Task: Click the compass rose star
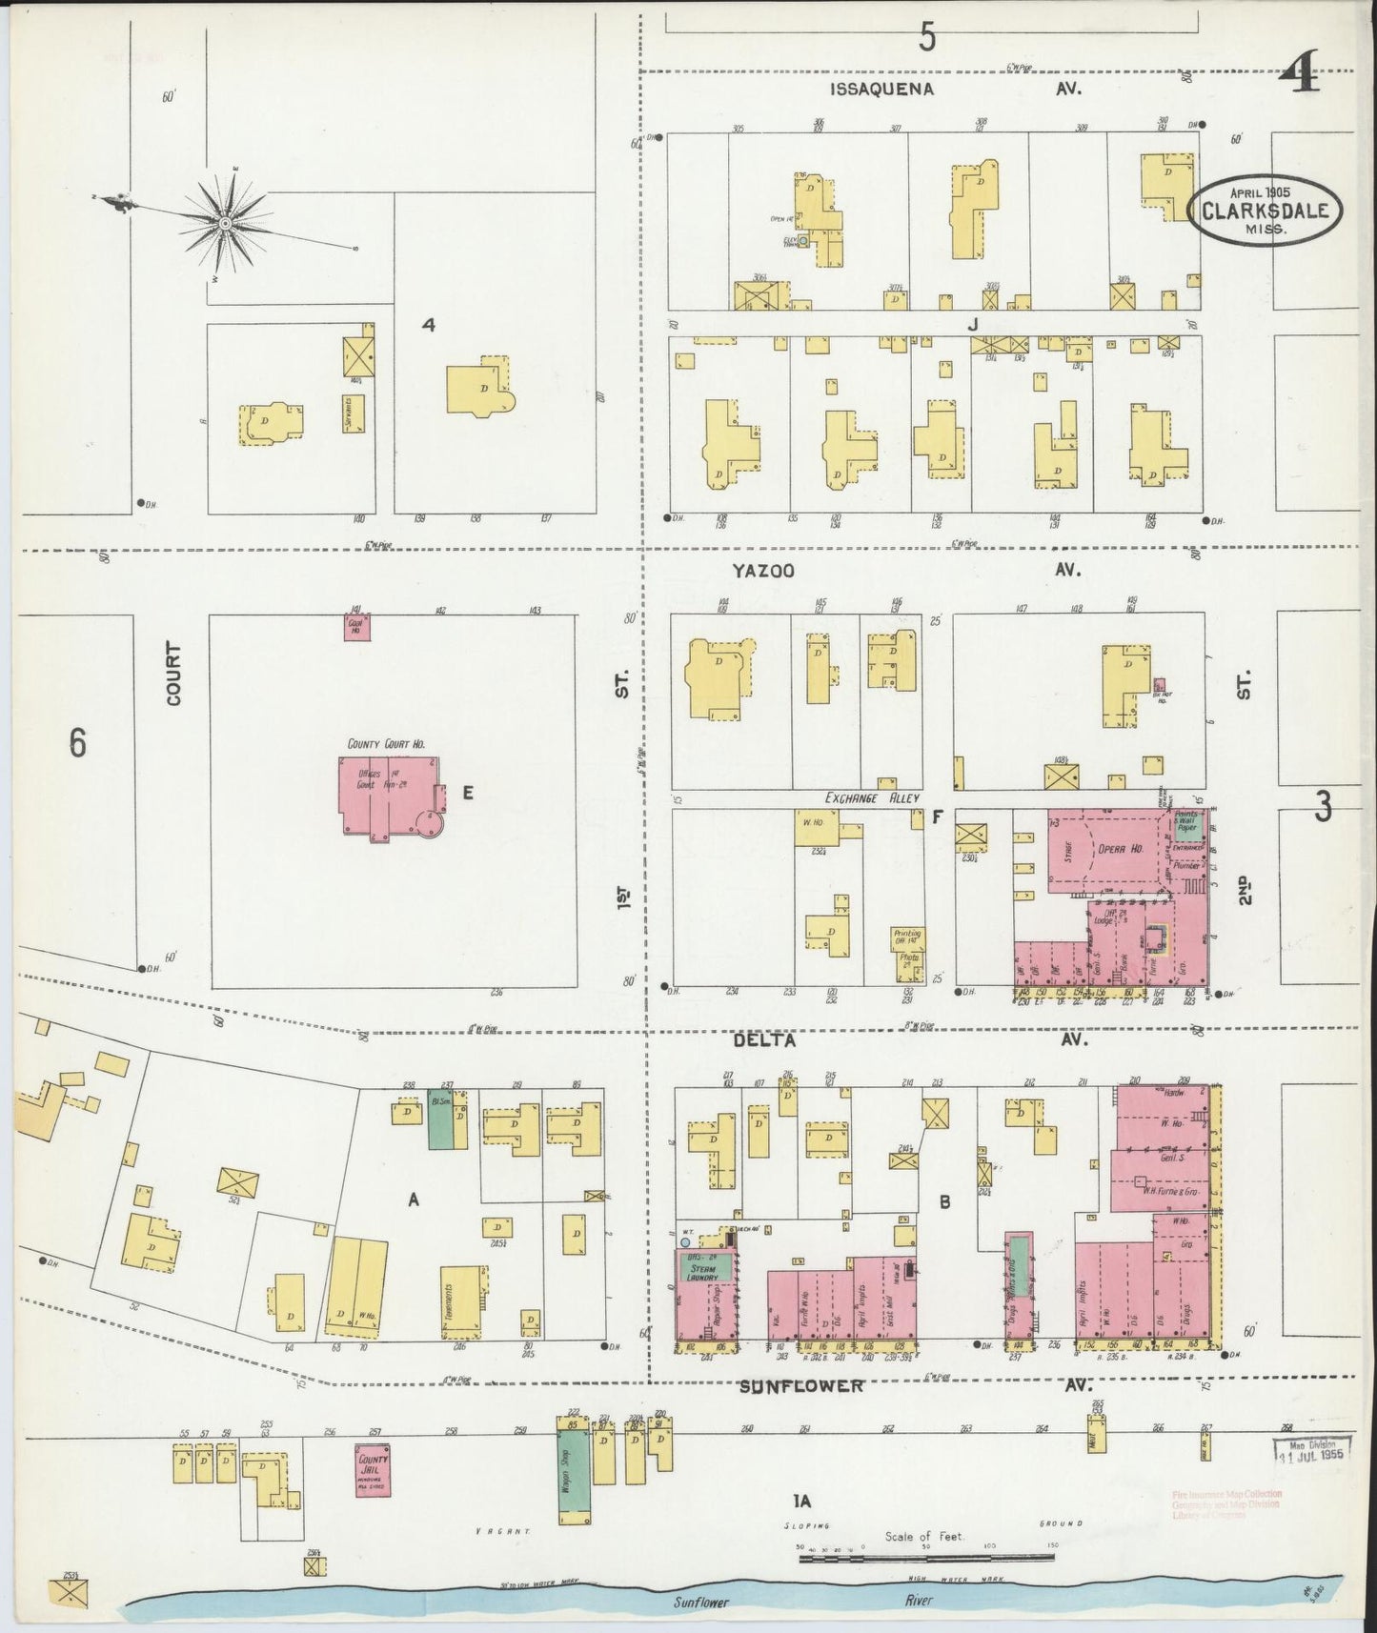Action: (x=225, y=223)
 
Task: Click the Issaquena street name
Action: (x=881, y=89)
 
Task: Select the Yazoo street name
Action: (x=763, y=570)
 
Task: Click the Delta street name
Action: (x=764, y=1040)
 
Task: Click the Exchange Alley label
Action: (x=872, y=797)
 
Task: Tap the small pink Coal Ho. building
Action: (x=357, y=626)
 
